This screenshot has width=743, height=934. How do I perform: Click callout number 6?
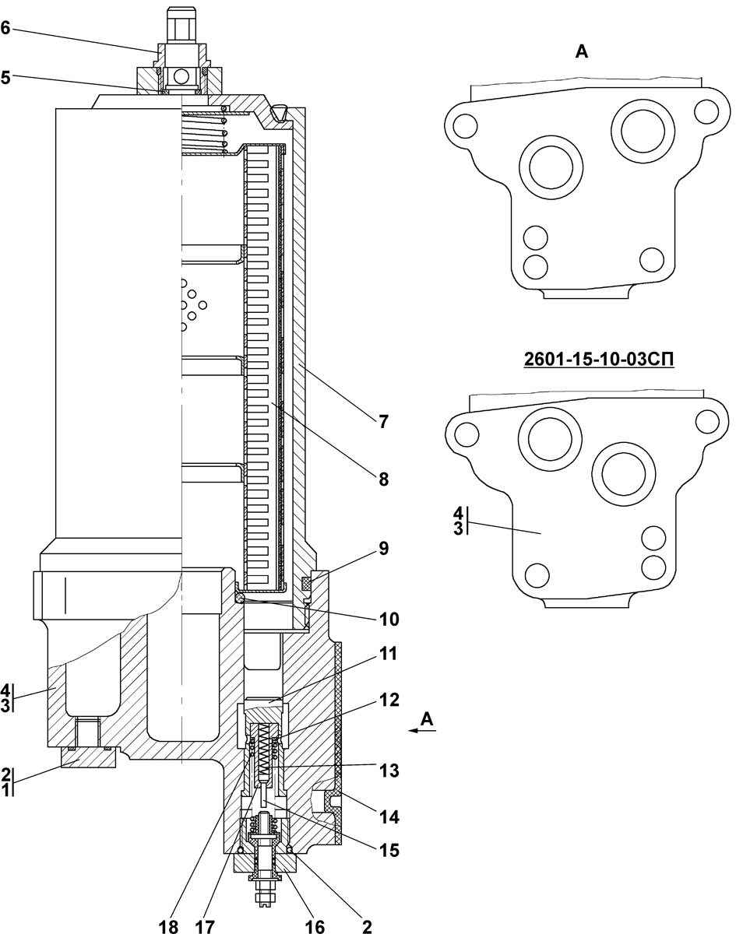coord(6,29)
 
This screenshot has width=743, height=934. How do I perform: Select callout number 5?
coord(6,77)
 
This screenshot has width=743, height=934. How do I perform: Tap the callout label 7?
coord(383,421)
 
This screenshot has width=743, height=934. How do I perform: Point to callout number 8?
coord(383,479)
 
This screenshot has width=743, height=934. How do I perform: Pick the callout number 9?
coord(383,547)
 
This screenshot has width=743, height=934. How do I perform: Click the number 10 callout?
coord(389,620)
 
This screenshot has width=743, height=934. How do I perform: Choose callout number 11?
coord(389,655)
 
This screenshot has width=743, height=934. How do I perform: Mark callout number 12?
coord(389,700)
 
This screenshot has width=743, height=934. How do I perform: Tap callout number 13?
coord(389,771)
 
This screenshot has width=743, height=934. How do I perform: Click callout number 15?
coord(389,851)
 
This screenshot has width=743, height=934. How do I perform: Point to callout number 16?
coord(314,926)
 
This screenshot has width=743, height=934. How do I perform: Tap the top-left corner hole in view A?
coord(464,125)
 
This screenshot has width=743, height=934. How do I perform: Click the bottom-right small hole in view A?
coord(650,258)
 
